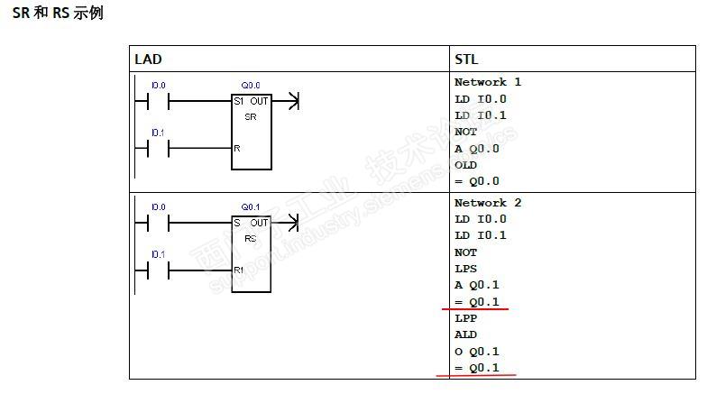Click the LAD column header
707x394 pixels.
pyautogui.click(x=148, y=60)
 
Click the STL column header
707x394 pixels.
pyautogui.click(x=466, y=60)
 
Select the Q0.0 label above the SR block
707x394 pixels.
pyautogui.click(x=251, y=85)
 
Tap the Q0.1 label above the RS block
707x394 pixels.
pyautogui.click(x=251, y=207)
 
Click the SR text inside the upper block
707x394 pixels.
pyautogui.click(x=251, y=117)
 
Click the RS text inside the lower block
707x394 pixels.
pyautogui.click(x=251, y=238)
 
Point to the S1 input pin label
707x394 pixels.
pyautogui.click(x=238, y=101)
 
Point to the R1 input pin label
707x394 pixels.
pyautogui.click(x=238, y=270)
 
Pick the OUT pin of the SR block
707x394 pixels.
pyautogui.click(x=260, y=101)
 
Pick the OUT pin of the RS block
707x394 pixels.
pyautogui.click(x=260, y=223)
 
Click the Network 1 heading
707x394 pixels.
pyautogui.click(x=488, y=82)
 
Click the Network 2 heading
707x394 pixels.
pyautogui.click(x=488, y=203)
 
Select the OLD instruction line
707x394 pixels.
pyautogui.click(x=465, y=165)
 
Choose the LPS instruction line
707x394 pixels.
pyautogui.click(x=465, y=269)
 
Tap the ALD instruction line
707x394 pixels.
pyautogui.click(x=465, y=334)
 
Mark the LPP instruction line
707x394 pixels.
pyautogui.click(x=465, y=318)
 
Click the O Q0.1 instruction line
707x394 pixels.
pyautogui.click(x=477, y=352)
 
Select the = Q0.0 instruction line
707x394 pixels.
pyautogui.click(x=477, y=181)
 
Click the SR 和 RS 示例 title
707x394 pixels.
pyautogui.click(x=58, y=13)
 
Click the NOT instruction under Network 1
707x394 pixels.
pyautogui.click(x=465, y=132)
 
